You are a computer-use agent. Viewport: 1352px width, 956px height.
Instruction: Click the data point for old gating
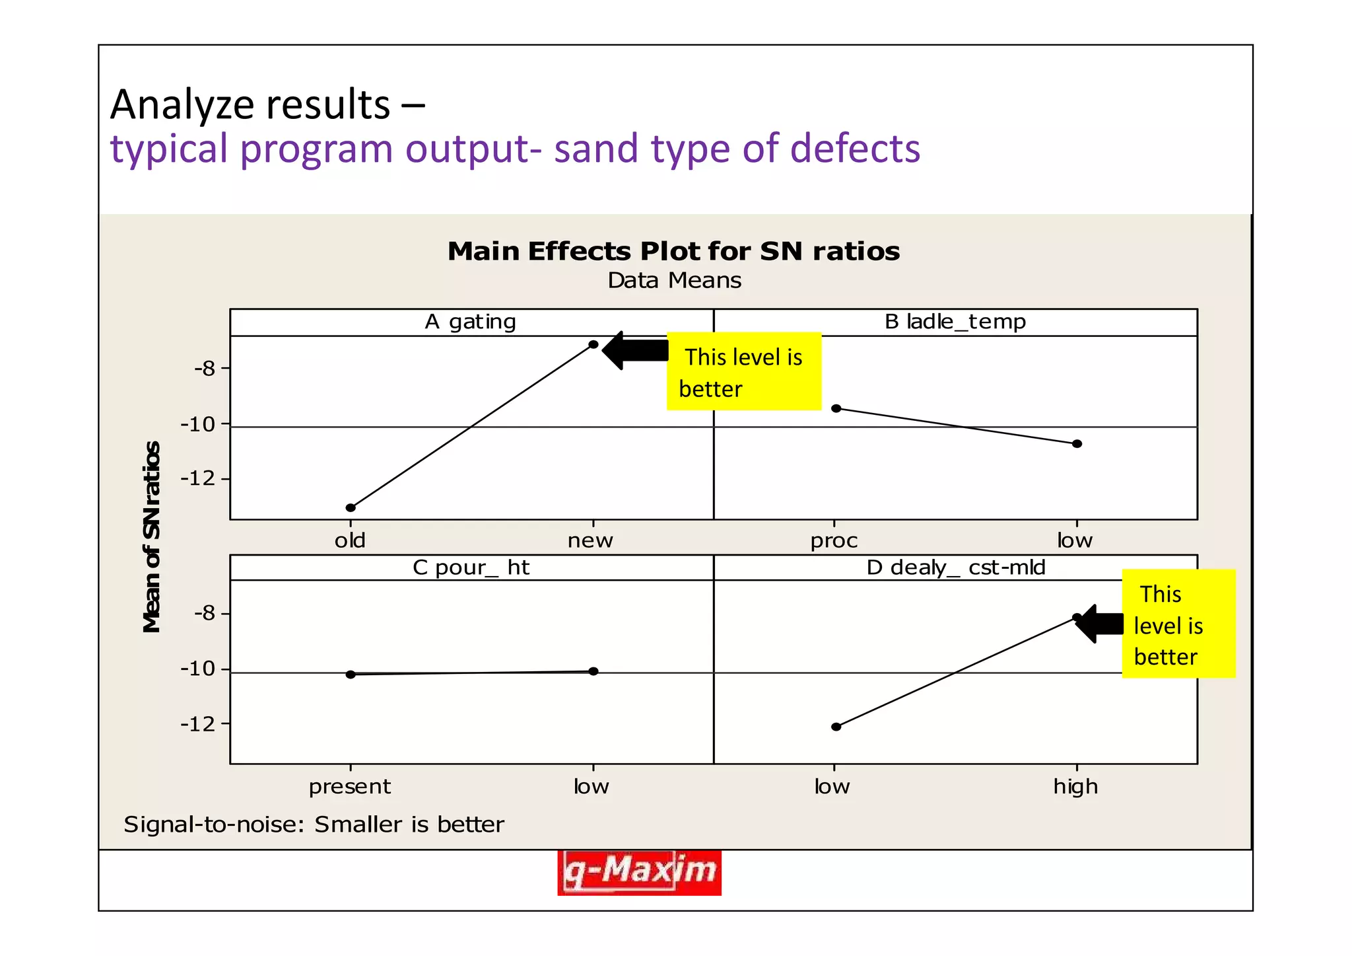coord(351,507)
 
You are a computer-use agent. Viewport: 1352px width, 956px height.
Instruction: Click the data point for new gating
coord(593,344)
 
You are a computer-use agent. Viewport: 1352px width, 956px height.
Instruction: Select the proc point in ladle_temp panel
coord(836,408)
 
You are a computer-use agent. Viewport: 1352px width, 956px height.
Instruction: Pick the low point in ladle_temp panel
coord(1077,443)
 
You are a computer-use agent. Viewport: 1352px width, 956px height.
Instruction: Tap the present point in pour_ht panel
coord(351,674)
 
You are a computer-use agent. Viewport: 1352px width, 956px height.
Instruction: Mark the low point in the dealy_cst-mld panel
coord(836,727)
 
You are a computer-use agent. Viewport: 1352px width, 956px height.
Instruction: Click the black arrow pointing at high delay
coord(1100,624)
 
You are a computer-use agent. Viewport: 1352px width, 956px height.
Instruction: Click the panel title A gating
coord(470,322)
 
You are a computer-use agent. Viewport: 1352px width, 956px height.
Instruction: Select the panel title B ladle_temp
coord(955,322)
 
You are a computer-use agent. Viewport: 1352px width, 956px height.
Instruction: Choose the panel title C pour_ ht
coord(470,568)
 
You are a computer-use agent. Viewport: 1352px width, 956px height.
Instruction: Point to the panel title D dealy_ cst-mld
coord(955,568)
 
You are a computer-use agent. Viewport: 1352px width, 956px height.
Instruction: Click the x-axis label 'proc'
coord(834,541)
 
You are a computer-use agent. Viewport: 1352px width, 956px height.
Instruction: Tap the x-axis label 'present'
coord(350,787)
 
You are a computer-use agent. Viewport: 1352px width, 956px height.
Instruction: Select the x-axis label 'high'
coord(1075,787)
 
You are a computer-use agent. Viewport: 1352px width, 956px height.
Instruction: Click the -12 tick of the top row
coord(198,478)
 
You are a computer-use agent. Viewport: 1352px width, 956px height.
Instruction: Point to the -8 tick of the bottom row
coord(205,613)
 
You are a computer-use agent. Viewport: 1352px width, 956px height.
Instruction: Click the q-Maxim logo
coord(639,872)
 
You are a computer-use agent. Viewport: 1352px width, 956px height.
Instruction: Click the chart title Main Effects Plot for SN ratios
coord(673,252)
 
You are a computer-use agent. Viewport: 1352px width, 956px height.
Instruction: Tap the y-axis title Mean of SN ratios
coord(152,536)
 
